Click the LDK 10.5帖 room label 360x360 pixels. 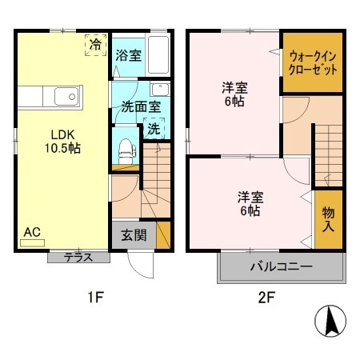point(62,141)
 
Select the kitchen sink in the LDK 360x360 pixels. point(65,98)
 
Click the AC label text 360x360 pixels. point(31,232)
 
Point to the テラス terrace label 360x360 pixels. point(77,258)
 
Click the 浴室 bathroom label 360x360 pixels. point(127,57)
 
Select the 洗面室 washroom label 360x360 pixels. point(141,106)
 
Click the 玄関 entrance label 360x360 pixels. point(133,235)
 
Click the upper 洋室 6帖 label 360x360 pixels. point(233,95)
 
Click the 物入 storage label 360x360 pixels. point(329,218)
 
